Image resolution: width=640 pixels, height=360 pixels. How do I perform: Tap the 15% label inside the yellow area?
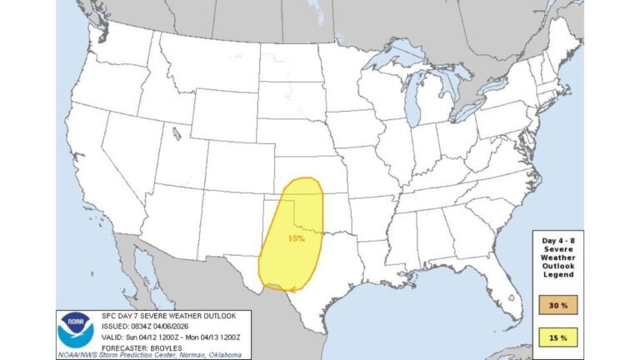point(297,238)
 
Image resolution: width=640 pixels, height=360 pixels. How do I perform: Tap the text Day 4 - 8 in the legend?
point(557,240)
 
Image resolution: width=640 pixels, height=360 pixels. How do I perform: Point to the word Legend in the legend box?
point(557,277)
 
